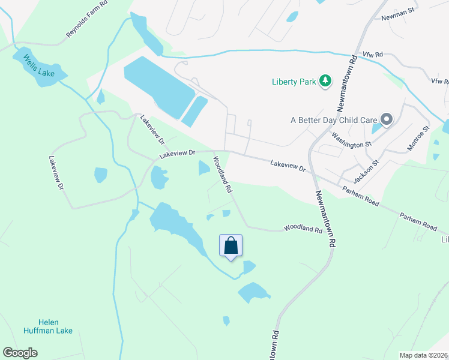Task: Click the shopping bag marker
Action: [x=231, y=246]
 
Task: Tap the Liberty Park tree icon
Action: [x=325, y=80]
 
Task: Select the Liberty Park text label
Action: [x=293, y=82]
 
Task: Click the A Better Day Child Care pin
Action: [x=387, y=119]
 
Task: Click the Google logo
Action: [x=20, y=353]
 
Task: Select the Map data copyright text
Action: [x=423, y=355]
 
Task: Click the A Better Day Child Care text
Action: [x=334, y=120]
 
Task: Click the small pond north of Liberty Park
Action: [x=292, y=17]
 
